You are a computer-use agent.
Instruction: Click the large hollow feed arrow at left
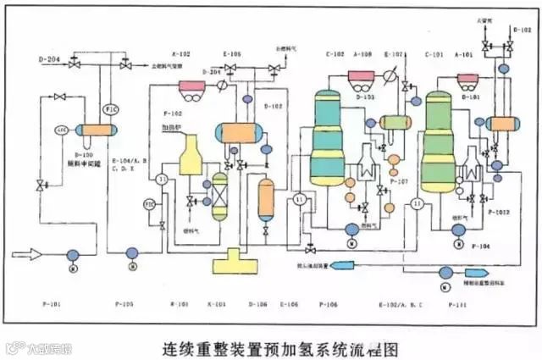(25, 252)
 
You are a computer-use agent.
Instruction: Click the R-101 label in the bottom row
(179, 302)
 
